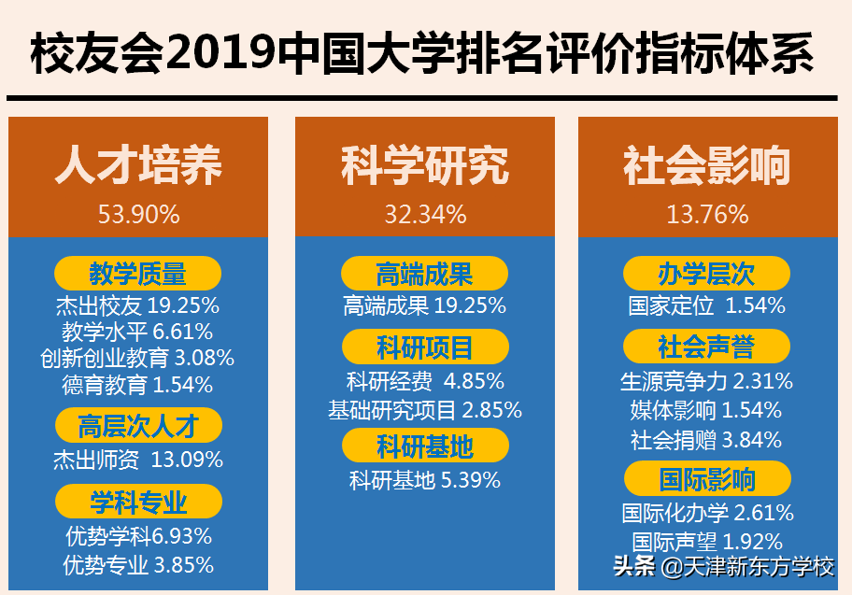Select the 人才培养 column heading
point(138,166)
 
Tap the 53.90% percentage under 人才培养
point(138,215)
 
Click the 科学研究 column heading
point(425,166)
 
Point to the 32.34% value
point(425,215)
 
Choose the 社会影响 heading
point(707,166)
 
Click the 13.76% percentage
point(707,215)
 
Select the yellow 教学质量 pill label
point(138,274)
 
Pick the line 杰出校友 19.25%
point(137,305)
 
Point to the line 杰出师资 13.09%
point(138,460)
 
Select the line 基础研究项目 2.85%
point(425,410)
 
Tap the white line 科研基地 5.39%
point(425,481)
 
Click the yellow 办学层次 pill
point(707,274)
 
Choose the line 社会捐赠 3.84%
point(706,440)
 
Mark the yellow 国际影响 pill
point(707,481)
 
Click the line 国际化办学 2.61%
point(707,513)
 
